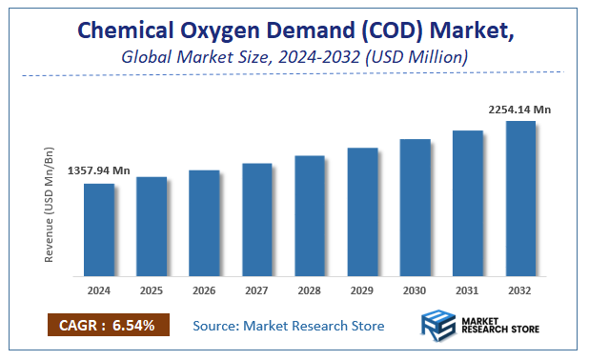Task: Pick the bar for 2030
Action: (415, 208)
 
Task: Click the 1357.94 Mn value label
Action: (99, 170)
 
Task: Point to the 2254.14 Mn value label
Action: (518, 110)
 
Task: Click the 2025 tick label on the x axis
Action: (152, 290)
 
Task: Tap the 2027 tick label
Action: (257, 290)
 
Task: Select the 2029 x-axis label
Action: (362, 290)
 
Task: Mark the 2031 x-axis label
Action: (467, 290)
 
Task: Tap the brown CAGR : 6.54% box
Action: (108, 325)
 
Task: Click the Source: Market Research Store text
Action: (289, 326)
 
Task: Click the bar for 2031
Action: (467, 203)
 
